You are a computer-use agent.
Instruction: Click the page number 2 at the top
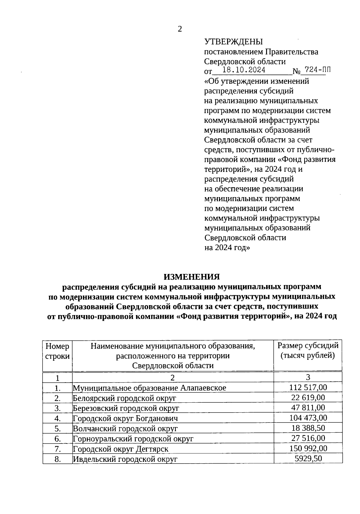click(180, 29)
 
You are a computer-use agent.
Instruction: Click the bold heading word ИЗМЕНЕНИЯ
click(191, 277)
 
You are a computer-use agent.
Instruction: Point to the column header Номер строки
click(57, 351)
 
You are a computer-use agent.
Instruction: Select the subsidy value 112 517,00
click(308, 387)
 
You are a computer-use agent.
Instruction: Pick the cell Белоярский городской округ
click(124, 398)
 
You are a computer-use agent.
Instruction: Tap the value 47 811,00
click(308, 407)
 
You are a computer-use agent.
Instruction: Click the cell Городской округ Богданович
click(125, 418)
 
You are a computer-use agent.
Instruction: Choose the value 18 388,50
click(308, 428)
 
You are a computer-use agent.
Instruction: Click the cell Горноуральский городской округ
click(133, 439)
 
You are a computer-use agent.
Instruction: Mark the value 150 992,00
click(308, 448)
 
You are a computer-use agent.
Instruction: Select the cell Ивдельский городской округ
click(125, 459)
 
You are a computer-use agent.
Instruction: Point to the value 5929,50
click(308, 458)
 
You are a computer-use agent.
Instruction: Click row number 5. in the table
click(58, 428)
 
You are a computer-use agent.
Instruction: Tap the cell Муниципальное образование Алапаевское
click(149, 388)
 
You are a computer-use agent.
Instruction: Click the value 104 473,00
click(308, 418)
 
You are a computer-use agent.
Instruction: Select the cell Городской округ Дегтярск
click(121, 449)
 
